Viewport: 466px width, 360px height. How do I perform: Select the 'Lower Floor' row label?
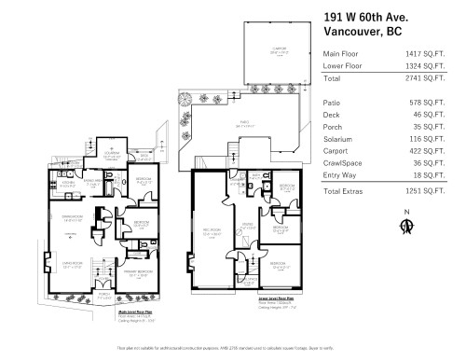344,67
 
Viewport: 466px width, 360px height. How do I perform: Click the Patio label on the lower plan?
243,122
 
